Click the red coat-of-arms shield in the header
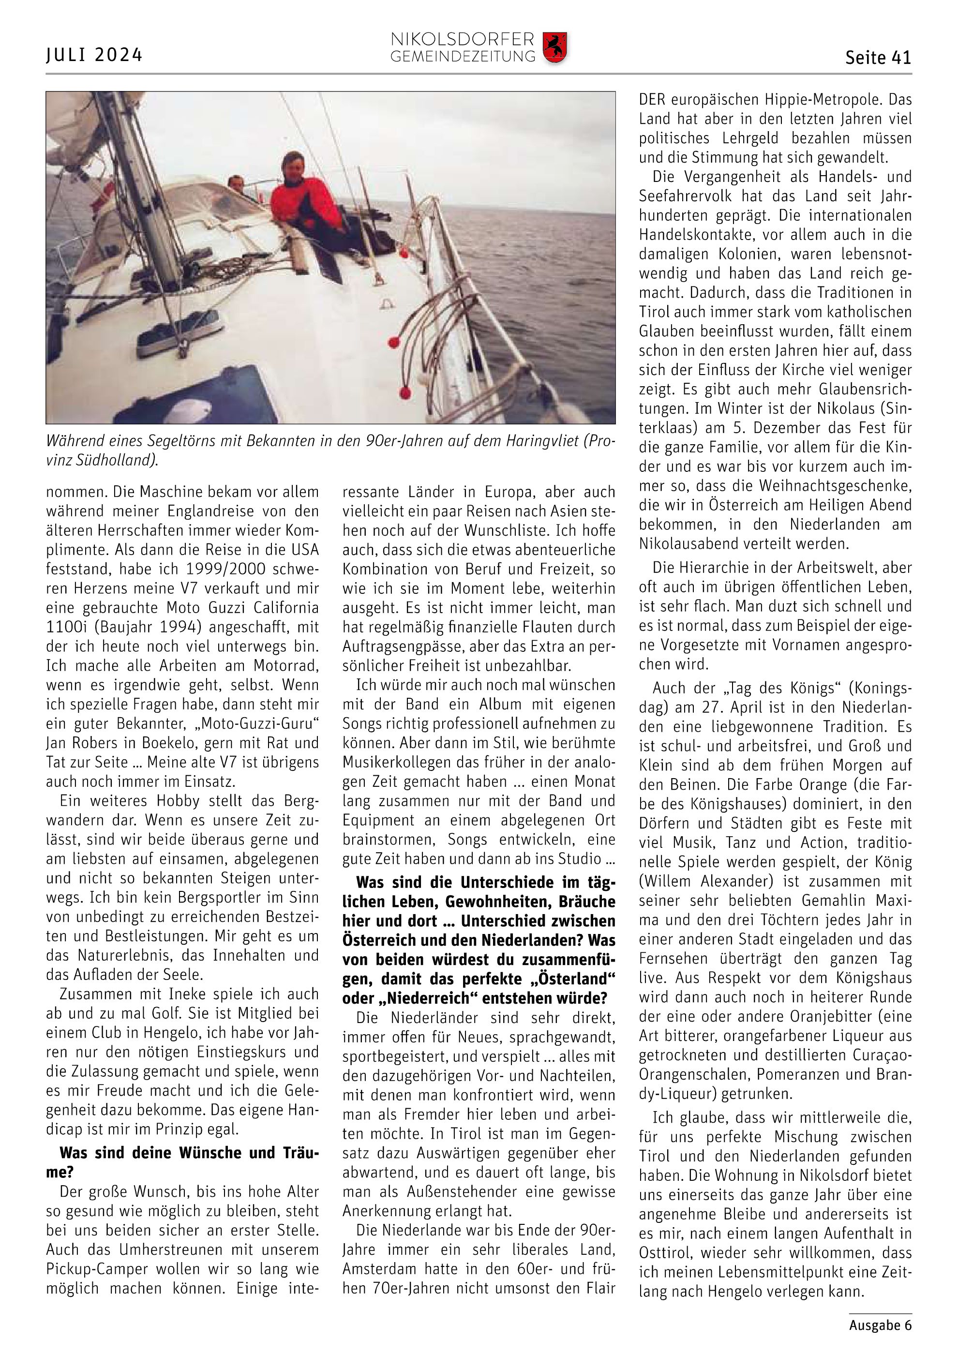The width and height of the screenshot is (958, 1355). pos(554,48)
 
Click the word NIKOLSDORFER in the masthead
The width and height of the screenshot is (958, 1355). pos(463,40)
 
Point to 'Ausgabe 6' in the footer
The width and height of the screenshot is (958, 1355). pos(880,1325)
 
